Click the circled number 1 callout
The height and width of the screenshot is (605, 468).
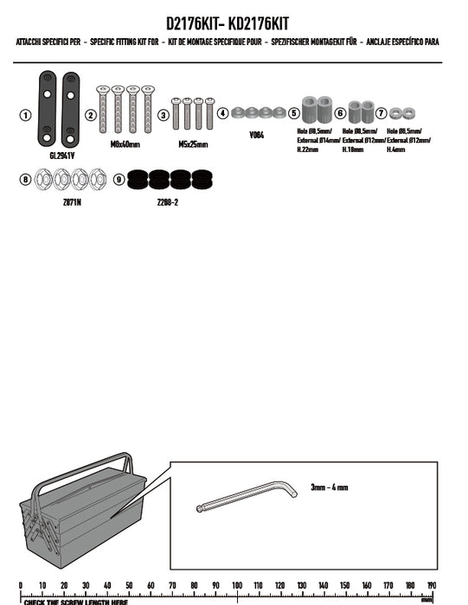tap(25, 115)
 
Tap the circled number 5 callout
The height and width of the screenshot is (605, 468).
tap(293, 112)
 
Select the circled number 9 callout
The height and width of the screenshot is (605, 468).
tap(119, 180)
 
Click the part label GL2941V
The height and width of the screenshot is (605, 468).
tap(61, 156)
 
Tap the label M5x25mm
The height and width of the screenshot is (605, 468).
tap(193, 144)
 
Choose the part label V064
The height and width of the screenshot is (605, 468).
tap(256, 135)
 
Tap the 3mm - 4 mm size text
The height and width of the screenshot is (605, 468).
tap(330, 487)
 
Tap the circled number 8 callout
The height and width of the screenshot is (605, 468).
tap(25, 180)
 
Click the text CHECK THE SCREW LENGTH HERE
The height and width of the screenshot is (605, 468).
tap(76, 602)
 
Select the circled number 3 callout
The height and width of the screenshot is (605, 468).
tap(163, 115)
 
